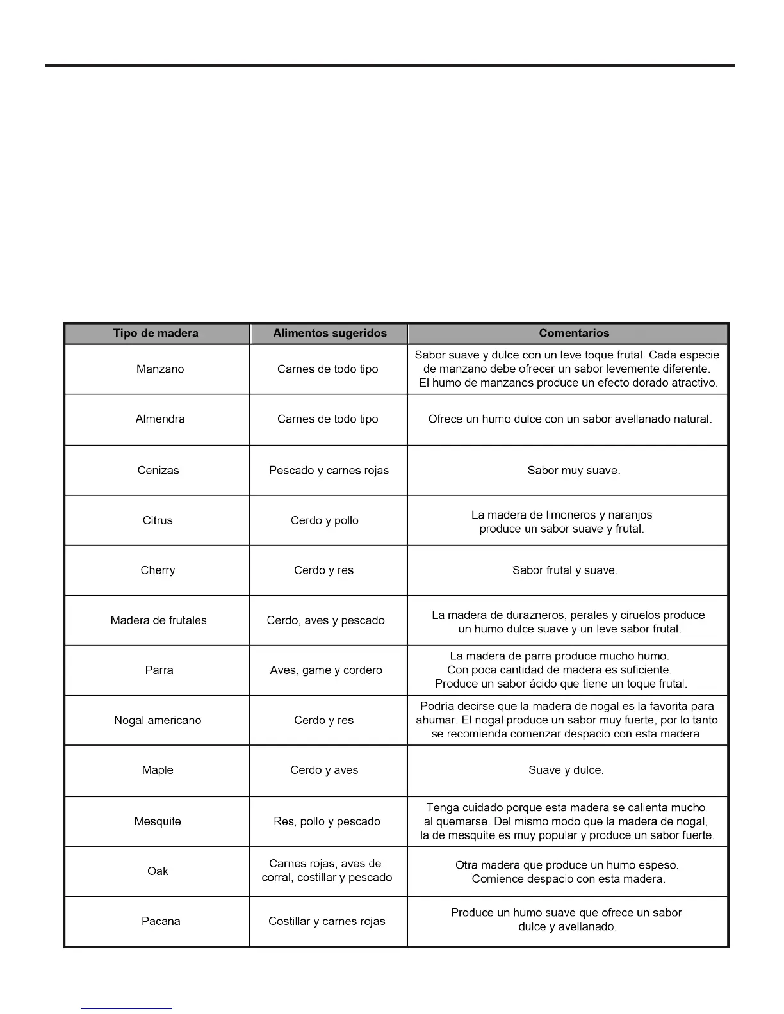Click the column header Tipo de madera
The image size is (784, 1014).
(156, 334)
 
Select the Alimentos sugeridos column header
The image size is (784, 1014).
(329, 334)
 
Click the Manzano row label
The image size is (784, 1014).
(160, 369)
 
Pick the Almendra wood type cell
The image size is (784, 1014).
(160, 419)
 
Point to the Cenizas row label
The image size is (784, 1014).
(158, 471)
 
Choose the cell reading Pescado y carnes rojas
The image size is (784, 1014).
(329, 471)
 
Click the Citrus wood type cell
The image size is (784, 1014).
(158, 520)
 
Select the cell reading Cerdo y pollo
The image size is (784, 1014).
(324, 520)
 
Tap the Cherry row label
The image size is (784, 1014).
(158, 570)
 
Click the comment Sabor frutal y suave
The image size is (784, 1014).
(565, 570)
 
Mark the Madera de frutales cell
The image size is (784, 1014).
(158, 620)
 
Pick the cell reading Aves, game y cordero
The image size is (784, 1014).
(325, 670)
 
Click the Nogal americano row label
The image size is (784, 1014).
(158, 720)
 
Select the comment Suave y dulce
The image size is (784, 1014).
(566, 770)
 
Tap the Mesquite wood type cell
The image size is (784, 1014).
(158, 821)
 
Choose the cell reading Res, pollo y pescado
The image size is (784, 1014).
(327, 821)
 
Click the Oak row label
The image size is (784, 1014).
(158, 871)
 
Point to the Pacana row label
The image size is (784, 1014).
(161, 921)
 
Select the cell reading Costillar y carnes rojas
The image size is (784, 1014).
(327, 921)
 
